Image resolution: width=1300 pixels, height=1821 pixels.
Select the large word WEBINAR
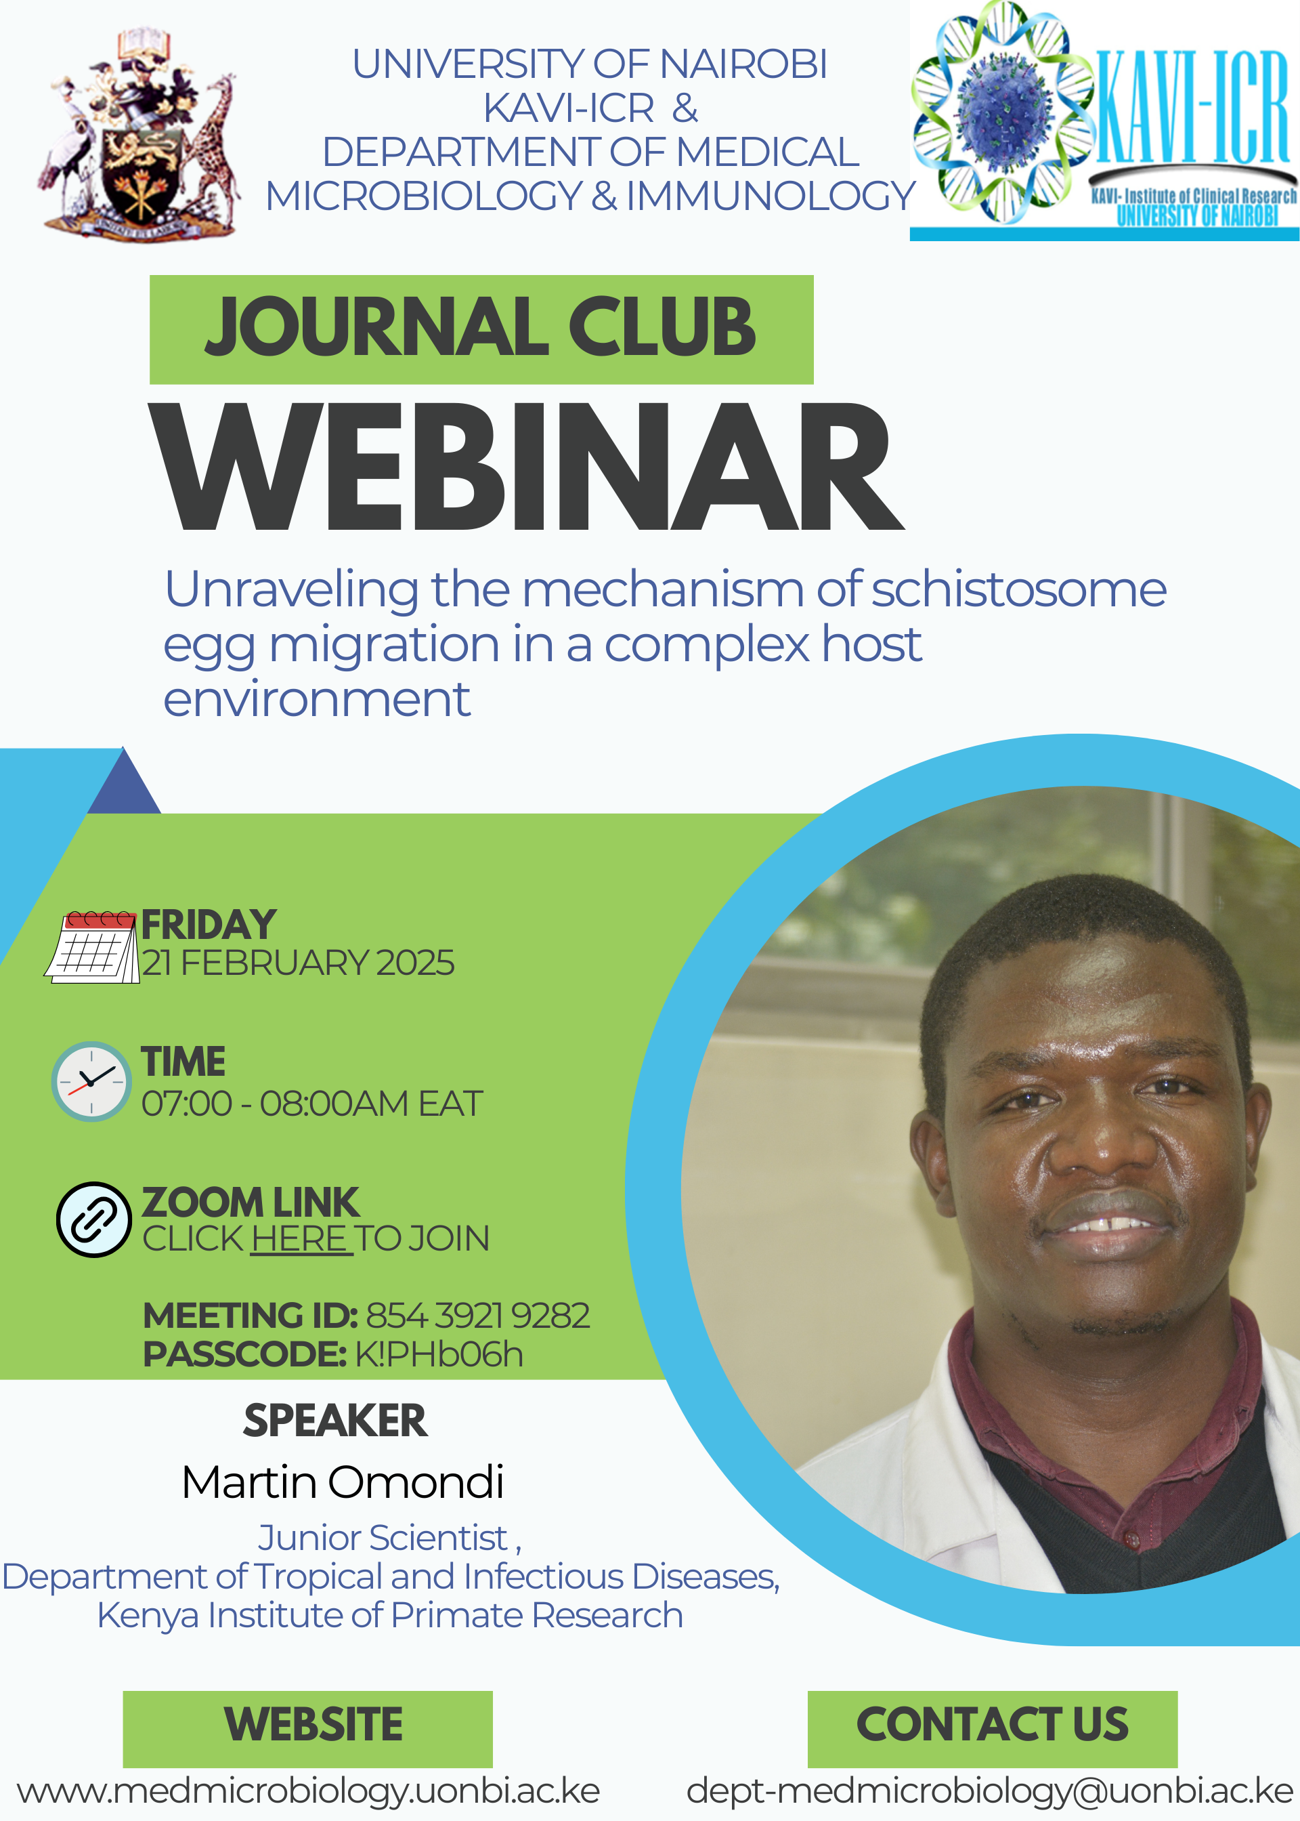(527, 467)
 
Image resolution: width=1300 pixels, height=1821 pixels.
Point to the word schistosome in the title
(1018, 589)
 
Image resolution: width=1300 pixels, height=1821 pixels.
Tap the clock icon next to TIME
(91, 1081)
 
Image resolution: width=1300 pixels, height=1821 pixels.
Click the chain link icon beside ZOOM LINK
(93, 1219)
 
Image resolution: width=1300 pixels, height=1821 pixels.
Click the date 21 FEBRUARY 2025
(298, 963)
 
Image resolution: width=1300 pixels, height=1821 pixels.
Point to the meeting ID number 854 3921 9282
(478, 1316)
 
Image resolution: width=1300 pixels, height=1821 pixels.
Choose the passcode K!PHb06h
(439, 1354)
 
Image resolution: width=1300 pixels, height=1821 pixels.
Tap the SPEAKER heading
(335, 1421)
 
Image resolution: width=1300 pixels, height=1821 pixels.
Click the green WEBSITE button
(307, 1729)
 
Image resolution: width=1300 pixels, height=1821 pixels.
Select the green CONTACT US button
(993, 1729)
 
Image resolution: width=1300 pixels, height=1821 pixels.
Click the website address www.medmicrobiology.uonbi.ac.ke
(308, 1792)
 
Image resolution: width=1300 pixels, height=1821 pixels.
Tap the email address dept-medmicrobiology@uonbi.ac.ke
(989, 1792)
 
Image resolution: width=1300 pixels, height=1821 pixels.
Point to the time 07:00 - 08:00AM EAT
(312, 1104)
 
